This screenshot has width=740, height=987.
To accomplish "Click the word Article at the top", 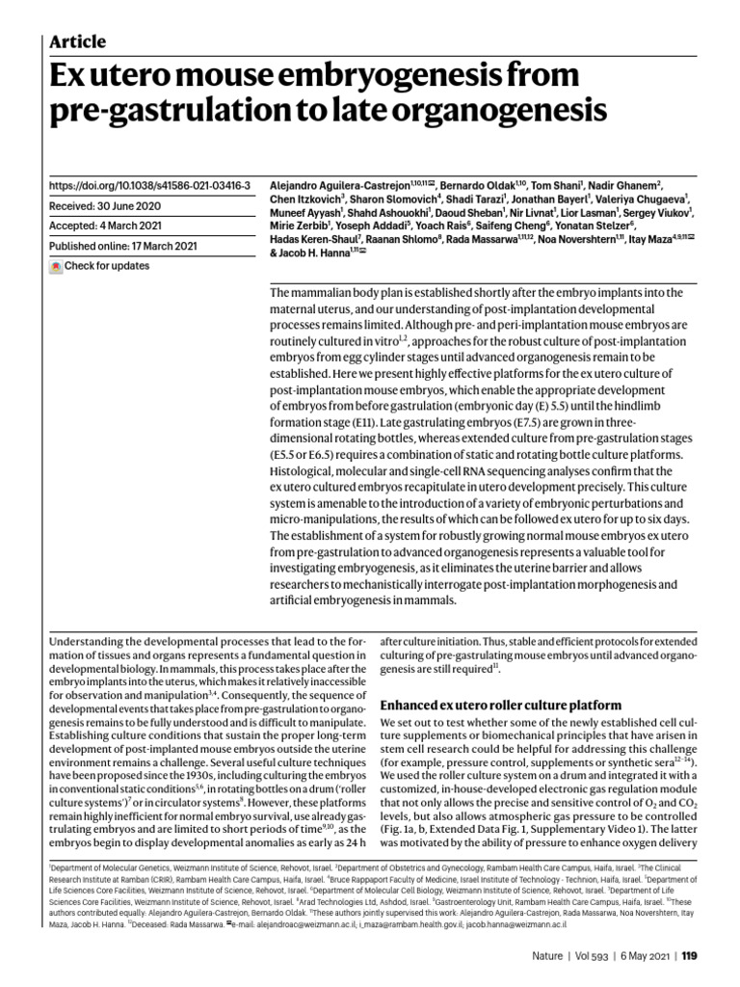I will pyautogui.click(x=77, y=40).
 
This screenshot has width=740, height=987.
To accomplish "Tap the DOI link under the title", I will pyautogui.click(x=148, y=184).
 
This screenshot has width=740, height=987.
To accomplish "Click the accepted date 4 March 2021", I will pyautogui.click(x=148, y=226).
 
